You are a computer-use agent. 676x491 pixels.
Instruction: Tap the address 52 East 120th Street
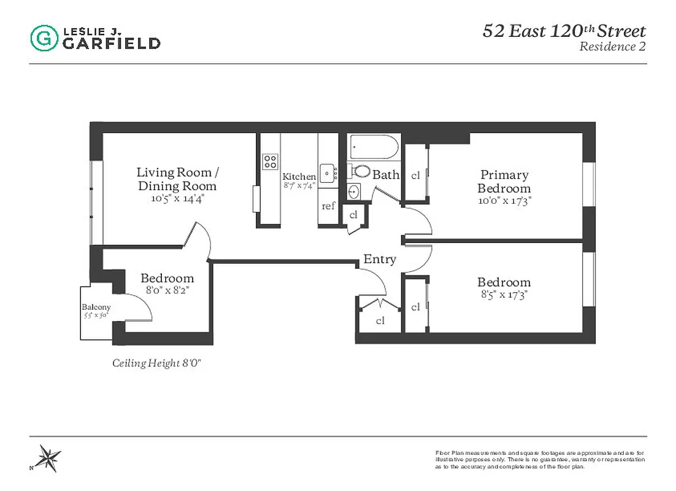point(564,31)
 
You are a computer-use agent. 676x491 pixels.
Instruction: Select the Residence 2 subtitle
point(612,47)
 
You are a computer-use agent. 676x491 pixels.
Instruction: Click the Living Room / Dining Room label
point(177,179)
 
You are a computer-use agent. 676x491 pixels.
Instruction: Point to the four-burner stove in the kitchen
point(270,161)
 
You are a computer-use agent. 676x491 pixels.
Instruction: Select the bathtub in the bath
point(374,147)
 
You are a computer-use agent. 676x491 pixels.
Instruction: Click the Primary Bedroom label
point(504,182)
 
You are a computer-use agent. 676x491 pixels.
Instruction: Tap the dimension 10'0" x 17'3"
point(504,200)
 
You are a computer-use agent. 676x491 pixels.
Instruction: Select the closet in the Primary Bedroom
point(415,176)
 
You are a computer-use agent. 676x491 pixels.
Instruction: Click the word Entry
point(380,260)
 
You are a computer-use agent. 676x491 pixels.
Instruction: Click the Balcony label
point(96,307)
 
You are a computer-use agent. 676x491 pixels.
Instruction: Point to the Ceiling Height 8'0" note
point(157,363)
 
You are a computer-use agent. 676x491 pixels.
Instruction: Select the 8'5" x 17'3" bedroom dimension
point(504,295)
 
